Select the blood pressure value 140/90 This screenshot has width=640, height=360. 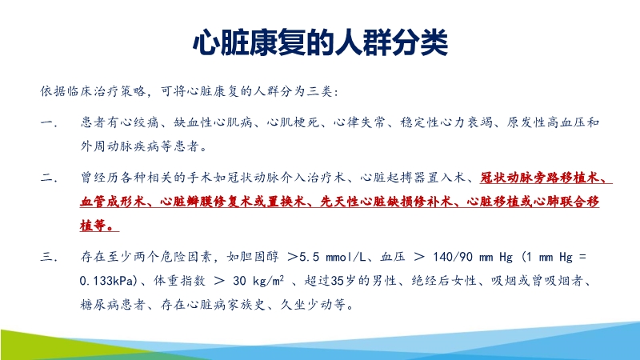pyautogui.click(x=464, y=257)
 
